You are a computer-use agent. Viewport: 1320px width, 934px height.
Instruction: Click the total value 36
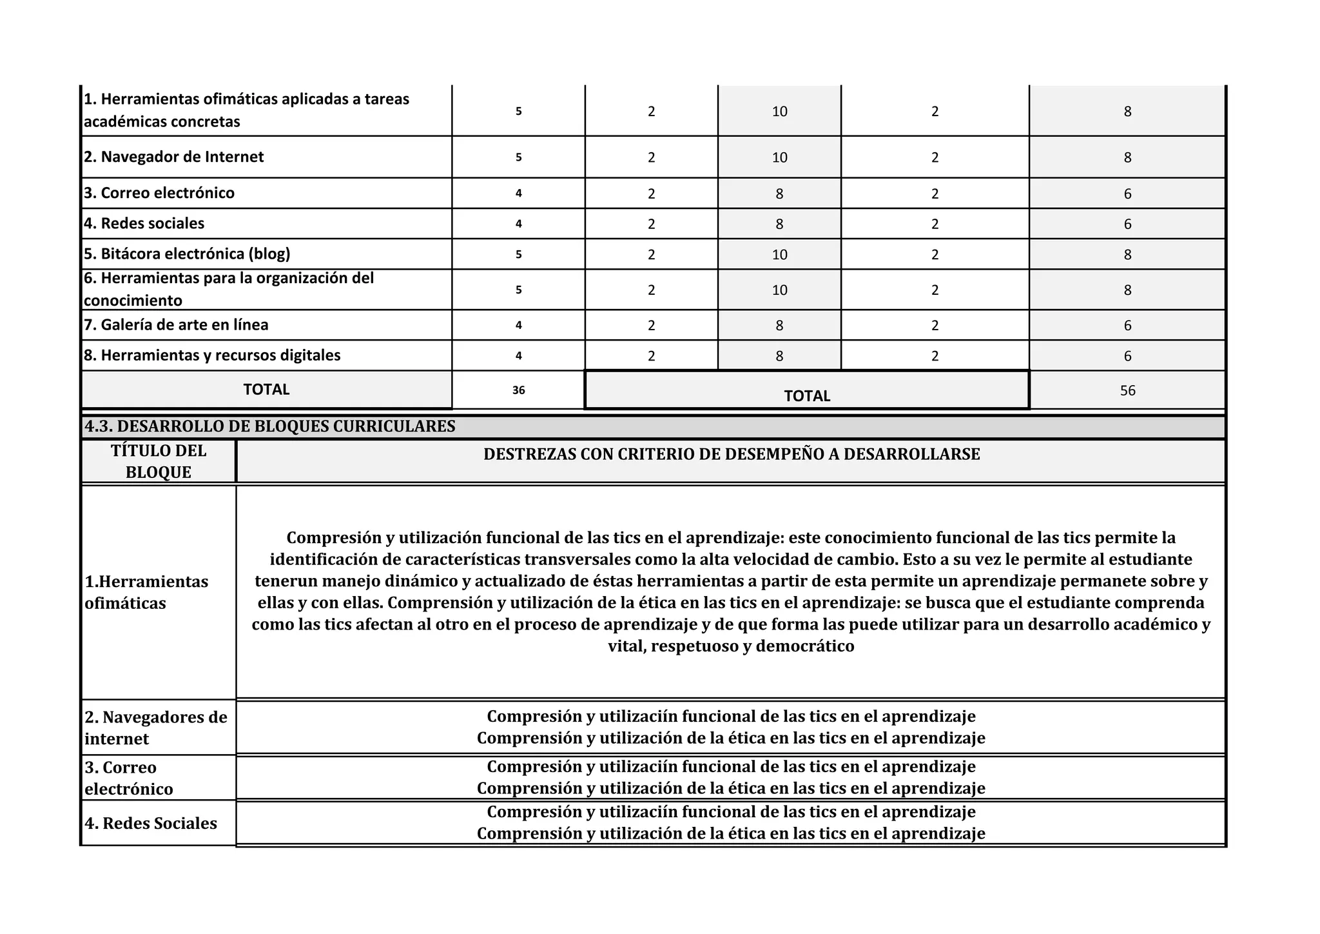tap(518, 390)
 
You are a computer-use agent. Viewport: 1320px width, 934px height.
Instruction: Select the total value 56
tap(1127, 390)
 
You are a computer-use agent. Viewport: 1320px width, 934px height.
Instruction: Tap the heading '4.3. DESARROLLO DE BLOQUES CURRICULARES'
tap(270, 426)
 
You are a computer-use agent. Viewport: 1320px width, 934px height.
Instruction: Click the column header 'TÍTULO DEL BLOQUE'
tap(159, 461)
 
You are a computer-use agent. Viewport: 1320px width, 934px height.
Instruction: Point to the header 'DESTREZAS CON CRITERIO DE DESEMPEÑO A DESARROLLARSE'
tap(732, 454)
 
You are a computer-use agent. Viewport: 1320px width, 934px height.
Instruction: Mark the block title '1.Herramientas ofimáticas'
tap(146, 592)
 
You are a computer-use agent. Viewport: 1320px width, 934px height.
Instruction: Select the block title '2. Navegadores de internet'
tap(156, 728)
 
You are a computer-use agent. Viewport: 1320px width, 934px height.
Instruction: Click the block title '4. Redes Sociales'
tap(151, 823)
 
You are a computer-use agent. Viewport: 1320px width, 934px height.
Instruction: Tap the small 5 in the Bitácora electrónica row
tap(518, 254)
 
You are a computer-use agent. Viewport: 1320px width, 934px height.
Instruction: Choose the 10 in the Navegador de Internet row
tap(779, 157)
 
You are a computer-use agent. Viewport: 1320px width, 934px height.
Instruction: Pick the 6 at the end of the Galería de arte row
tap(1127, 326)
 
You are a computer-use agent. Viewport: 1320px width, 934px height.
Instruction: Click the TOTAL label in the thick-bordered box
tap(807, 396)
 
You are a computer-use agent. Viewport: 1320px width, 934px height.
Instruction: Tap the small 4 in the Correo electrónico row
tap(518, 194)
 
